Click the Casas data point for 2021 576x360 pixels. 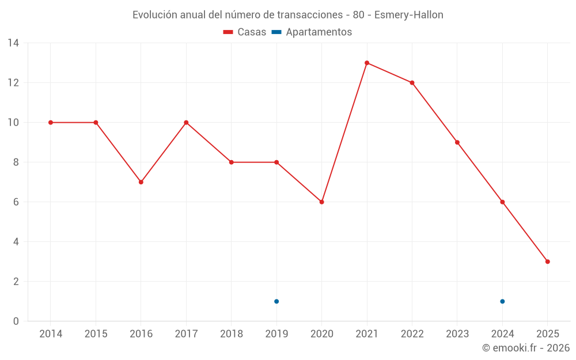(367, 63)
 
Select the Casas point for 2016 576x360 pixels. (141, 182)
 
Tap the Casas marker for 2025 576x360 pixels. (547, 262)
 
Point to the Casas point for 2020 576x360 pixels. (321, 202)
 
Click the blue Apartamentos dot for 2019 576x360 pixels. (276, 301)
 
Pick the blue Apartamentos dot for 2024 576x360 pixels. (502, 301)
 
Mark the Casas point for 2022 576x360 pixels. (412, 83)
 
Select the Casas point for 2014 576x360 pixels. (51, 123)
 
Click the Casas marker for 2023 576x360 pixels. (457, 142)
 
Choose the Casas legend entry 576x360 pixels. (245, 32)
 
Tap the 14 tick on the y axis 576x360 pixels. (13, 43)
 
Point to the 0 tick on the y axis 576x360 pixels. (16, 321)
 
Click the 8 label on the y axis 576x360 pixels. (16, 162)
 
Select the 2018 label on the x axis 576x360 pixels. (231, 334)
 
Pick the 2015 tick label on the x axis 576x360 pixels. (96, 334)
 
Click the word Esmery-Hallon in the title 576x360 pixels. (409, 15)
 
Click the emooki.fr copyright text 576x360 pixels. (526, 348)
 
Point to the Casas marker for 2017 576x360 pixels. (186, 123)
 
